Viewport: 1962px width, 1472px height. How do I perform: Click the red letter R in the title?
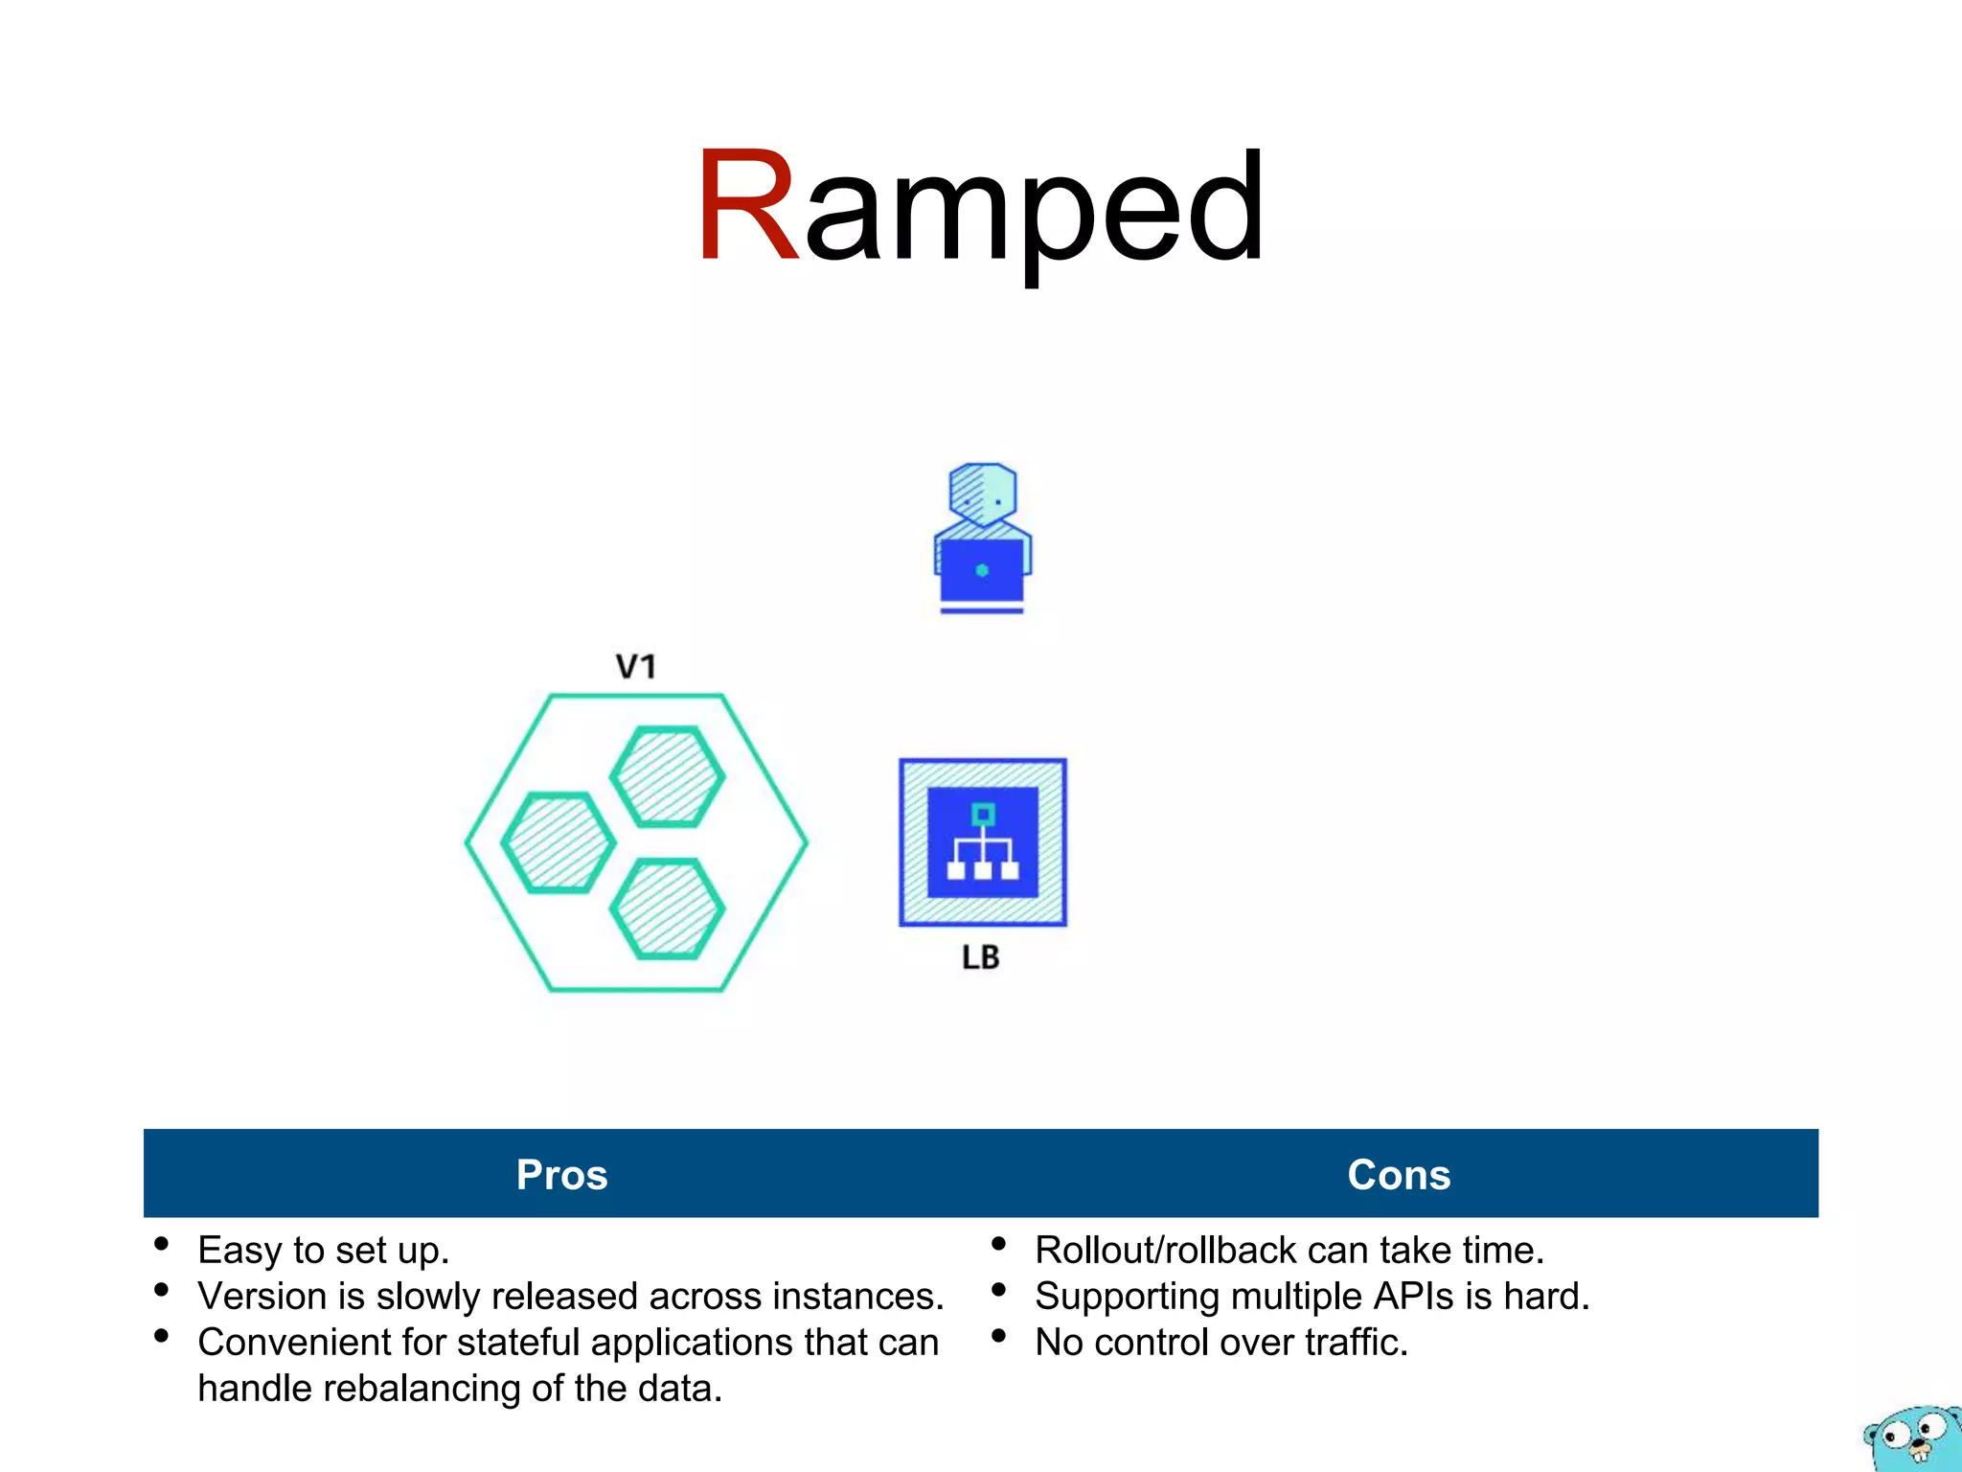tap(747, 206)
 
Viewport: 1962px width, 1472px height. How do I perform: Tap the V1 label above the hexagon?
tap(635, 666)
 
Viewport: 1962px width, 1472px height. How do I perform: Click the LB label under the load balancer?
tap(980, 957)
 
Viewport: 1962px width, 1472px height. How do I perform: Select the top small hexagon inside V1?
tap(667, 776)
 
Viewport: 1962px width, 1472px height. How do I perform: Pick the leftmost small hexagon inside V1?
tap(558, 843)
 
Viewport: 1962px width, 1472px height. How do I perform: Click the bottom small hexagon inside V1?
tap(667, 908)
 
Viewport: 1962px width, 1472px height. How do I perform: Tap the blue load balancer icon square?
tap(982, 842)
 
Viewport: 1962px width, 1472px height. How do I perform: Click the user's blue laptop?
tap(981, 572)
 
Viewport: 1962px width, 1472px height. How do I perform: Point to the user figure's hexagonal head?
tap(982, 494)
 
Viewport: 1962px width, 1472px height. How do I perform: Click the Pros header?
tap(561, 1175)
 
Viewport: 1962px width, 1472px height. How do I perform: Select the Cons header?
tap(1399, 1175)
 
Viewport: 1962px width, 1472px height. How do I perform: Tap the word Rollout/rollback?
tap(1165, 1251)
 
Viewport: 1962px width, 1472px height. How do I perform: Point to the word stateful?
tap(517, 1343)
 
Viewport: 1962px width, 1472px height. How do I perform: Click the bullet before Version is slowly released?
tap(161, 1290)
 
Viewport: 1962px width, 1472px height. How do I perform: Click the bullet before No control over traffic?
tap(998, 1336)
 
